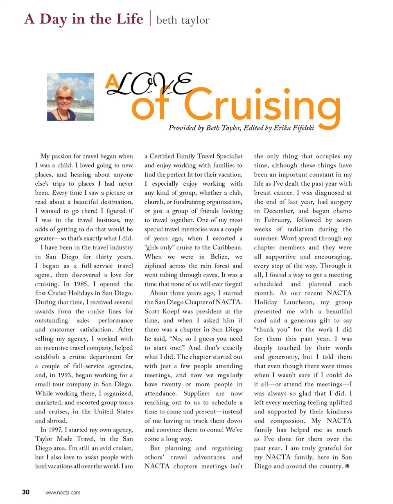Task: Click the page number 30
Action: pos(26,492)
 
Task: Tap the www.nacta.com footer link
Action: pos(63,493)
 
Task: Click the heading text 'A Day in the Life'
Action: pos(84,19)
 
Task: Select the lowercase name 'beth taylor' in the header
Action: pos(183,20)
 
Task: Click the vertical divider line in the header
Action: pos(150,18)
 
